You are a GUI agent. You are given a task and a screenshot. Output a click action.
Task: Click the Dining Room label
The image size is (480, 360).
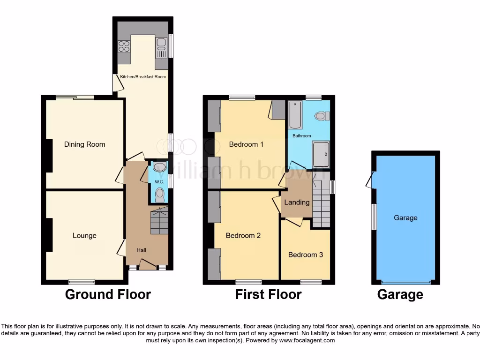[x=84, y=144]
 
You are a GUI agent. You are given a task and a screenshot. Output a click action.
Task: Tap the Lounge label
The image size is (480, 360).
[x=84, y=236]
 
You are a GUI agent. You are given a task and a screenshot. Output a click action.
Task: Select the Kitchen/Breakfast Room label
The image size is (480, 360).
[x=143, y=77]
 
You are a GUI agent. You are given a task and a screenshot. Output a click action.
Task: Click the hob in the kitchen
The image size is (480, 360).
[x=124, y=46]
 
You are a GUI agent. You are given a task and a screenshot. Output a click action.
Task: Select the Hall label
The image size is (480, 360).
[x=141, y=250]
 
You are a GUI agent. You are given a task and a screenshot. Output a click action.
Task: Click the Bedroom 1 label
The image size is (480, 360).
[x=246, y=144]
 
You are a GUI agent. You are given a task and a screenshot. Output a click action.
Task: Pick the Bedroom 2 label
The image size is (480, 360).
[x=243, y=236]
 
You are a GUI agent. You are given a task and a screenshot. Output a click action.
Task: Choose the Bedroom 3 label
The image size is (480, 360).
[x=305, y=255]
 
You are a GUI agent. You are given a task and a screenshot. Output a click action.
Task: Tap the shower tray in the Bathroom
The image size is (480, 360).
[x=321, y=154]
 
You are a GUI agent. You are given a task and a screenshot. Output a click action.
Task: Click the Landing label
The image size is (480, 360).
[x=297, y=202]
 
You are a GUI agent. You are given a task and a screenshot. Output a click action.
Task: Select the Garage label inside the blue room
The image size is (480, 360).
[x=405, y=218]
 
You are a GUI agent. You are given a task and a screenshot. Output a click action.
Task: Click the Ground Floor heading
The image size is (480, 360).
[x=108, y=294]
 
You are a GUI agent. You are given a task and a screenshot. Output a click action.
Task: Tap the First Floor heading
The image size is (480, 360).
[x=268, y=294]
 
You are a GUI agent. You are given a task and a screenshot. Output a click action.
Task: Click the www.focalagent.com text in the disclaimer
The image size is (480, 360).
[x=307, y=340]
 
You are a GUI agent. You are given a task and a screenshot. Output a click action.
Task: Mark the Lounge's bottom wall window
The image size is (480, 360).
[x=82, y=282]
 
